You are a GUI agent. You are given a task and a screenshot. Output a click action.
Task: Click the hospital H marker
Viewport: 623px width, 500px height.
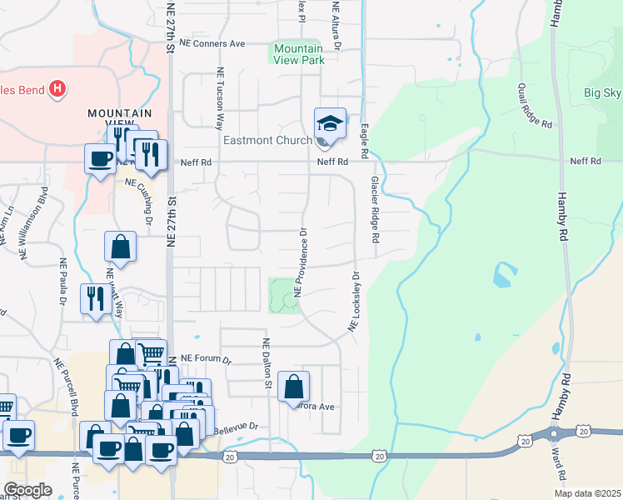click(57, 87)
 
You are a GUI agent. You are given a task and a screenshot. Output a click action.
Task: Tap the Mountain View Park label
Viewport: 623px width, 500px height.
click(297, 55)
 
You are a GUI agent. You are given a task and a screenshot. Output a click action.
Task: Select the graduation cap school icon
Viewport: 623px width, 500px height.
click(330, 124)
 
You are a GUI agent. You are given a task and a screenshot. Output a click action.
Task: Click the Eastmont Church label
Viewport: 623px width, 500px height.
click(266, 140)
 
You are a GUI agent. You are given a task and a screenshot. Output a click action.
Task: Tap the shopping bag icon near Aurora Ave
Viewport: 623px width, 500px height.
click(293, 387)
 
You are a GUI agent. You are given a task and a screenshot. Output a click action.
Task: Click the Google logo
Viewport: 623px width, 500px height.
click(27, 489)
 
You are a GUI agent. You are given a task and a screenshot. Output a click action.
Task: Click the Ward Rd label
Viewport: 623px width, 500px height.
click(557, 465)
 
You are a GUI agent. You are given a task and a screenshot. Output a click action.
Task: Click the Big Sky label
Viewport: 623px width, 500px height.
click(602, 92)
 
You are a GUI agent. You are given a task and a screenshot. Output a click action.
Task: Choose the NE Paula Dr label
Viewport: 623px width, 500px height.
click(62, 283)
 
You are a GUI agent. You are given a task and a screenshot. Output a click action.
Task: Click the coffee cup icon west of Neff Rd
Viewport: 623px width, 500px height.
click(100, 157)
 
